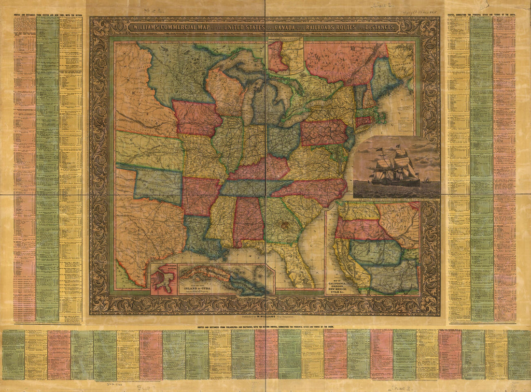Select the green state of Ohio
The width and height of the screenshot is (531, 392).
coord(283,140)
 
